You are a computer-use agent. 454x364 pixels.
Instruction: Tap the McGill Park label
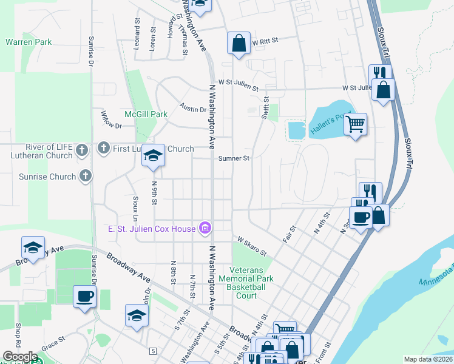[x=146, y=114]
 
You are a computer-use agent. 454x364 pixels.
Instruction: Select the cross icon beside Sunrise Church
[x=86, y=177]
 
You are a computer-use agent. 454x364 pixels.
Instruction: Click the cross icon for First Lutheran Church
[x=104, y=148]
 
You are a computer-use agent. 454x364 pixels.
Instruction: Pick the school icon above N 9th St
[x=154, y=157]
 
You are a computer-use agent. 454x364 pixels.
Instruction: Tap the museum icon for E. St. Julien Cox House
[x=205, y=228]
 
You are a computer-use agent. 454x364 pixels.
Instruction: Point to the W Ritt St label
[x=265, y=41]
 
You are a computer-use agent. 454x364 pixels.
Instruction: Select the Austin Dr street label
[x=192, y=108]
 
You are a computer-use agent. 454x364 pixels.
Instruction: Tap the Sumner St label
[x=234, y=158]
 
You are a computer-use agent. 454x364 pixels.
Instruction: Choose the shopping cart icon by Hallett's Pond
[x=356, y=124]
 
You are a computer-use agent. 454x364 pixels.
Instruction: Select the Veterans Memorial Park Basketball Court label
[x=251, y=283]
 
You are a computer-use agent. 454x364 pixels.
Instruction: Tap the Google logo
[x=20, y=357]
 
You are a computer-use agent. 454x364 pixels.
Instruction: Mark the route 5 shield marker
[x=154, y=351]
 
